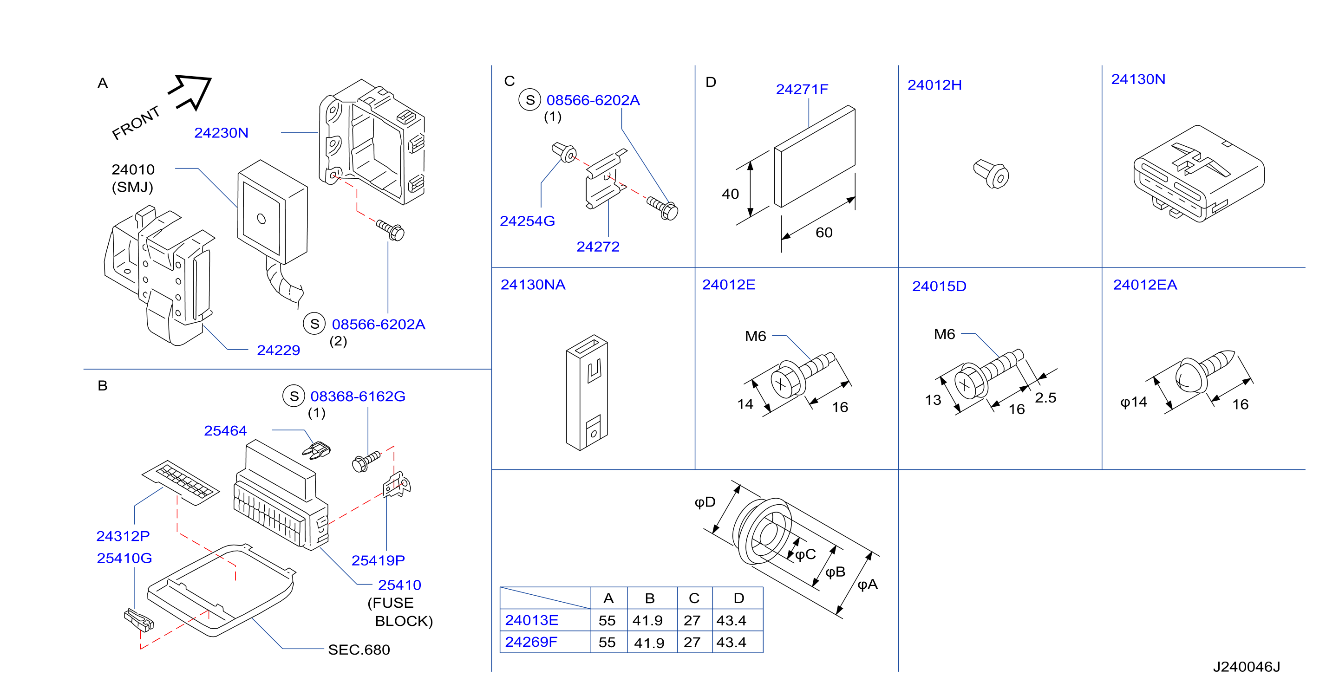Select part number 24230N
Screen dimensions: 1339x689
(x=221, y=133)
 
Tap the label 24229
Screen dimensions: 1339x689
(x=278, y=350)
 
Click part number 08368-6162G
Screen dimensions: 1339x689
(x=358, y=396)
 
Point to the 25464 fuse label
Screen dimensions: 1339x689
(x=225, y=431)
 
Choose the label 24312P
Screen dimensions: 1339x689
(x=123, y=536)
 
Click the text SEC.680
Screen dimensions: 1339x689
(x=359, y=650)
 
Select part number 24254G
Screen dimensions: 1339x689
(x=527, y=221)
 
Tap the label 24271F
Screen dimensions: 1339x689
(x=802, y=89)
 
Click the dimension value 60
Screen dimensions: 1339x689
(x=824, y=233)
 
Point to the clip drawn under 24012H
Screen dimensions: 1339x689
(x=991, y=174)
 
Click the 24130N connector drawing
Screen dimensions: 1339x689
(x=1199, y=174)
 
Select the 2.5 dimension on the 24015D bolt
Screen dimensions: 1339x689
(x=1045, y=398)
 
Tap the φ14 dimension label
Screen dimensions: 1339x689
(x=1133, y=402)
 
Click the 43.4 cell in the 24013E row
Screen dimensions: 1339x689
(x=731, y=620)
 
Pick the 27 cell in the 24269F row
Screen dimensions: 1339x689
(x=692, y=643)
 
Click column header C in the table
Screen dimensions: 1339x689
(x=694, y=598)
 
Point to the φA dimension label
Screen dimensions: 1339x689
(x=868, y=585)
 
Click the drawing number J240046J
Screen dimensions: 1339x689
(x=1247, y=667)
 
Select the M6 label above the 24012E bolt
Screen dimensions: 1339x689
(x=755, y=336)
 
